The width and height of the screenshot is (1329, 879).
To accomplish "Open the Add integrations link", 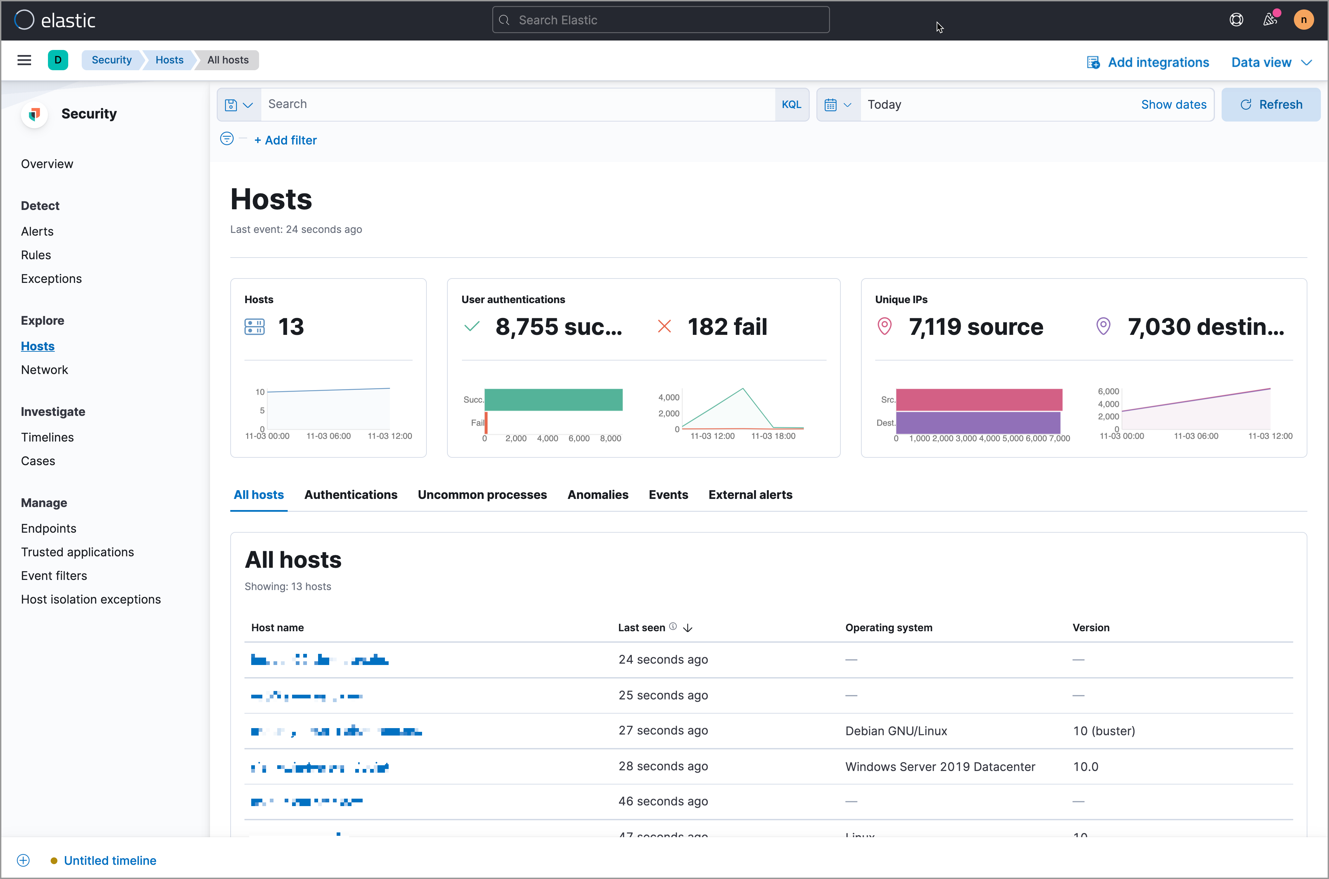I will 1157,62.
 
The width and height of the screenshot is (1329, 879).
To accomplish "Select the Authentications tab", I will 350,495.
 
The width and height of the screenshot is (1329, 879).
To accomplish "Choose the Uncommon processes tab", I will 482,495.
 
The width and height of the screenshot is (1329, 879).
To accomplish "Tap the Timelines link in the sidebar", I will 47,437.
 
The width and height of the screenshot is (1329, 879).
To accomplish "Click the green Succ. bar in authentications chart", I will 553,400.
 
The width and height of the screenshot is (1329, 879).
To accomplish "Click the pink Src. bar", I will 979,400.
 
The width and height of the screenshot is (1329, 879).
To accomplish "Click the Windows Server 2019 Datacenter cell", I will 940,766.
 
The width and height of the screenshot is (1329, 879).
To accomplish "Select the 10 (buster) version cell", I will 1103,730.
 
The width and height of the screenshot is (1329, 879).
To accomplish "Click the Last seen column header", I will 642,627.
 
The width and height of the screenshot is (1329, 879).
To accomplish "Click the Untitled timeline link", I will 110,860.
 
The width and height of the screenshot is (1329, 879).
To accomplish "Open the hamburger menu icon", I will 24,60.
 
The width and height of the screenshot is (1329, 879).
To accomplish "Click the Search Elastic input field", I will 660,20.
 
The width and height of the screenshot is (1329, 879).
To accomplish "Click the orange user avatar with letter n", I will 1303,20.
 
